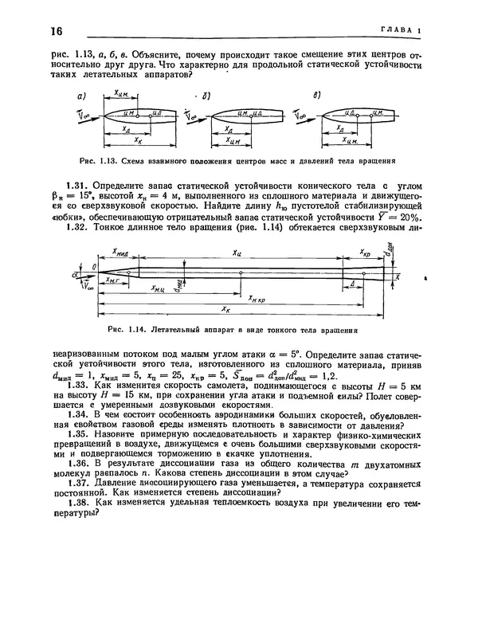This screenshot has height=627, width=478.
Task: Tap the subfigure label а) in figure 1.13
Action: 81,96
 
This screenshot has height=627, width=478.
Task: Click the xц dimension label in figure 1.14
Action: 236,253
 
